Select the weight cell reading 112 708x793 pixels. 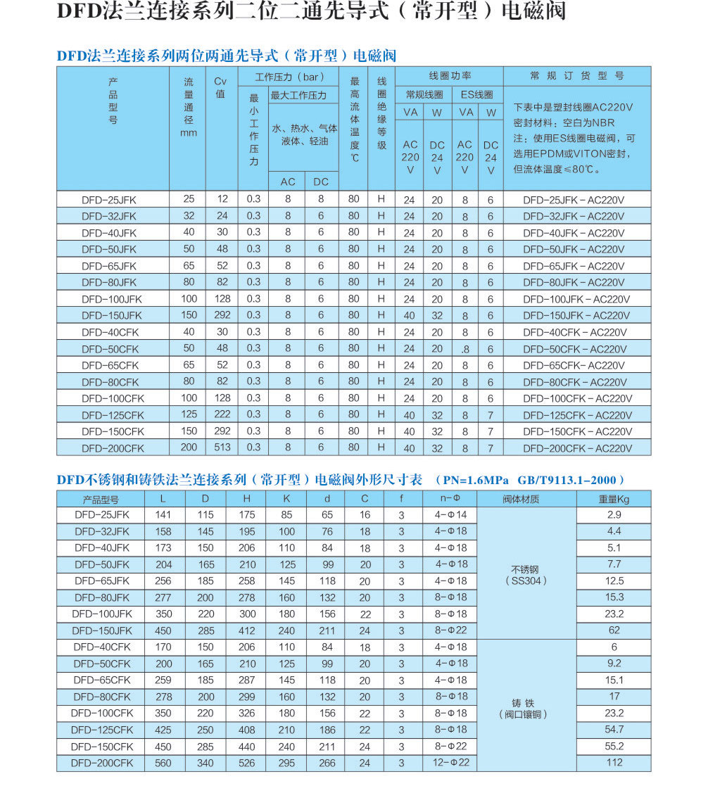614,763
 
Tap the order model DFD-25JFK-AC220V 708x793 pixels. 574,199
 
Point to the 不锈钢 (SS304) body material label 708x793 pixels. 526,574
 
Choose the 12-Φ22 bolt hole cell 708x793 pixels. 450,763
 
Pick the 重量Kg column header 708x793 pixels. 614,499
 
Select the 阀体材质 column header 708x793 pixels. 526,499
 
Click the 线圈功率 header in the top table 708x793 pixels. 450,75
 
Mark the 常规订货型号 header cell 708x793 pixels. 577,75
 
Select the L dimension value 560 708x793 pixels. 163,763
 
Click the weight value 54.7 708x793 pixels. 614,730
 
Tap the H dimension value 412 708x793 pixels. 247,630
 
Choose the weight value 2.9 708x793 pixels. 614,515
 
